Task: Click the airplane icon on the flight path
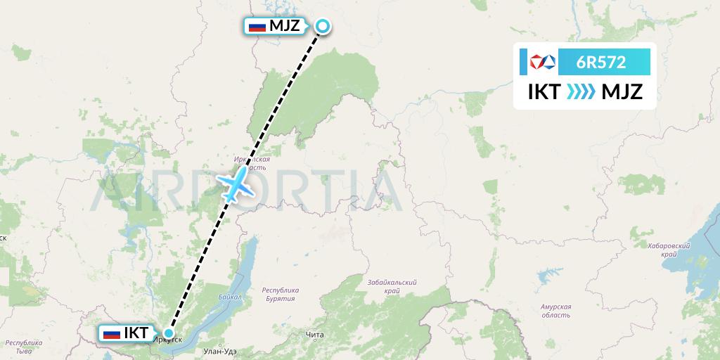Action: point(236,184)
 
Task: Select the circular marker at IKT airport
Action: point(169,333)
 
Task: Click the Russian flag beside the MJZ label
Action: point(257,27)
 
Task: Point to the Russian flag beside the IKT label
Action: point(111,333)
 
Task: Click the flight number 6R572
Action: point(600,62)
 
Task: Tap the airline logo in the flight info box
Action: point(543,62)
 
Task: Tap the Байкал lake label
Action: point(230,297)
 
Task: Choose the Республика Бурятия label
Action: point(280,295)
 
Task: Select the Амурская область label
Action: point(555,311)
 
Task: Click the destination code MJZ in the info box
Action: point(617,92)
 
